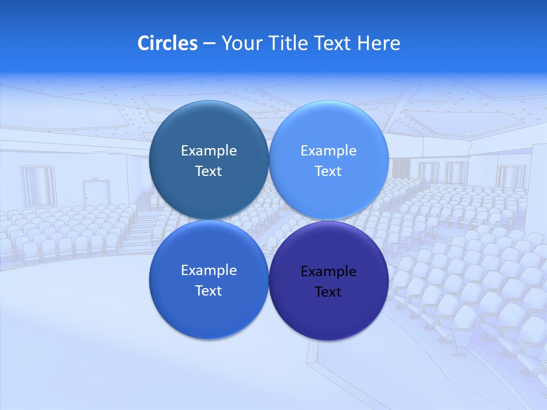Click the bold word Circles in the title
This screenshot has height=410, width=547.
tap(167, 43)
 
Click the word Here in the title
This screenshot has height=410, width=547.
tap(379, 43)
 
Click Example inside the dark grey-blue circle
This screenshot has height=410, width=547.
tap(209, 151)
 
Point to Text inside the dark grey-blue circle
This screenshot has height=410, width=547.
tap(209, 171)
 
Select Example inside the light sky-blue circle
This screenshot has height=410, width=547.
tap(328, 151)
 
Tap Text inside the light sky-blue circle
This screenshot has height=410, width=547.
tap(328, 171)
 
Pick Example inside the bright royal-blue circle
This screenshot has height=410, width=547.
tap(209, 270)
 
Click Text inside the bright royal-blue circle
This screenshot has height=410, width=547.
tap(209, 291)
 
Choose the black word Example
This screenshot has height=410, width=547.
tap(328, 272)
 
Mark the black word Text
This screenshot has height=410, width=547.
tap(328, 292)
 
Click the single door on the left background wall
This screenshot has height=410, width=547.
tap(95, 195)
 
